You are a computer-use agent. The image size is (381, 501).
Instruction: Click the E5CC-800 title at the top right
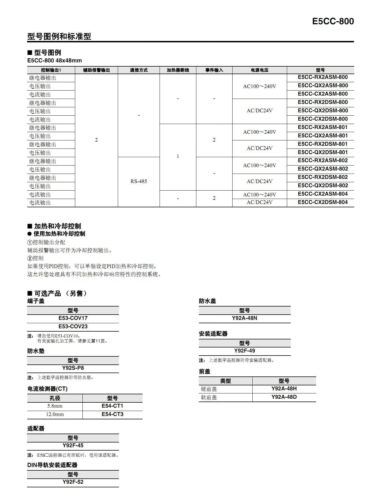coord(333,21)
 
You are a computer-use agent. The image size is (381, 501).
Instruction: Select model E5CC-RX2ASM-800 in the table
coord(323,77)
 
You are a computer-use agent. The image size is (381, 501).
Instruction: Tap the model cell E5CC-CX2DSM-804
coord(323,202)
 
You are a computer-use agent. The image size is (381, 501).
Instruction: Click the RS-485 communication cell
coord(139,181)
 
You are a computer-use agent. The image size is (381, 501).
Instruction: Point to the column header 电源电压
coord(260,70)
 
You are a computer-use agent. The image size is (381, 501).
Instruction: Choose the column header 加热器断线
coord(178,70)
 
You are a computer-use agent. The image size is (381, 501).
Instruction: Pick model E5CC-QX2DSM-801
coord(323,152)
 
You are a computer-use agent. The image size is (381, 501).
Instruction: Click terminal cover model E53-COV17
coord(73,318)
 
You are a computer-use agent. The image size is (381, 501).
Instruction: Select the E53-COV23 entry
coord(73,327)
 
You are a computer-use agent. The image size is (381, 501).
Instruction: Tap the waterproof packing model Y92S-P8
coord(73,368)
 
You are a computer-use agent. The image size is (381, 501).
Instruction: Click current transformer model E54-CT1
coord(112,406)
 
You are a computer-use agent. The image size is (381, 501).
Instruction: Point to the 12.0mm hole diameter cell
coord(55,414)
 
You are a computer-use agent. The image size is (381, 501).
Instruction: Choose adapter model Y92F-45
coord(73,446)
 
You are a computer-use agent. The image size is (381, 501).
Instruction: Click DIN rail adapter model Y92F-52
coord(73,482)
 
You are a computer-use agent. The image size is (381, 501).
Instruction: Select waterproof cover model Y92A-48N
coord(245,318)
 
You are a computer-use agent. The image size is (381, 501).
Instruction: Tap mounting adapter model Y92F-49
coord(245,351)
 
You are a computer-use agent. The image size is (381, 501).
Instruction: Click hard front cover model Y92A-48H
coord(284,389)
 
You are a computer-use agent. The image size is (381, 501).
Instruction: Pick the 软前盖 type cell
coord(209,397)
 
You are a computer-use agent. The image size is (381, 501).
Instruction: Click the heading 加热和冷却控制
coord(57,226)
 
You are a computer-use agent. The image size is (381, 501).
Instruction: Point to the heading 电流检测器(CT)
coord(47,389)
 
